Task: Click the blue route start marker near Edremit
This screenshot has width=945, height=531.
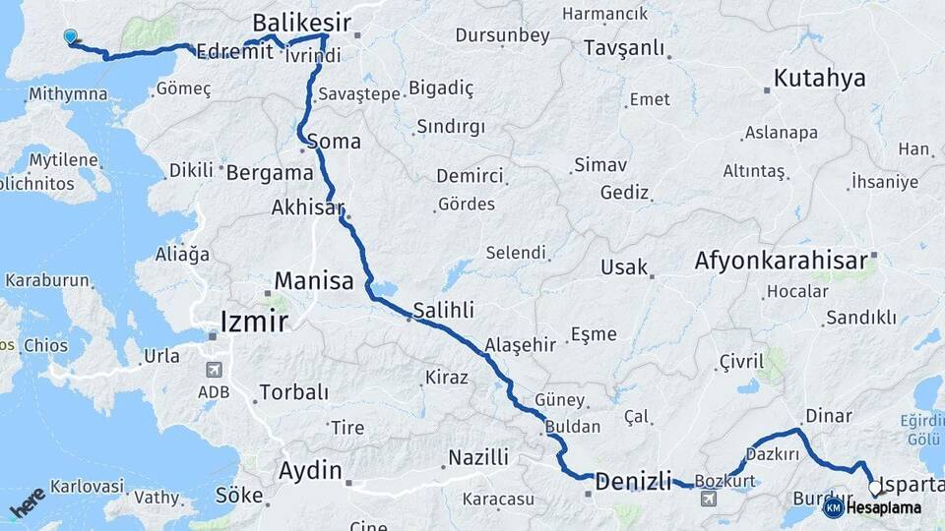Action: click(70, 37)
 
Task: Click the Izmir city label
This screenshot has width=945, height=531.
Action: click(254, 323)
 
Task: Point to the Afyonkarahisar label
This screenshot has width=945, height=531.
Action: click(782, 261)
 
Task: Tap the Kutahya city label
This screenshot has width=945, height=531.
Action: click(819, 79)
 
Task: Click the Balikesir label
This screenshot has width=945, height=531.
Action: click(302, 22)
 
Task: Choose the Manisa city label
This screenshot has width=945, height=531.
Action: click(313, 281)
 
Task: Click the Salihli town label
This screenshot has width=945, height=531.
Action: click(443, 310)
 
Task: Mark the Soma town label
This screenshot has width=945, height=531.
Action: click(334, 142)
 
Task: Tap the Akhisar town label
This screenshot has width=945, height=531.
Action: click(308, 207)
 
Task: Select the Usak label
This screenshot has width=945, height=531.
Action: click(624, 267)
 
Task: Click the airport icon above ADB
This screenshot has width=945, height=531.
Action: click(214, 371)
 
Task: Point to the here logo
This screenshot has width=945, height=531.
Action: click(28, 501)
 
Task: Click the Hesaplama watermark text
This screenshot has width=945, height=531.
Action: click(884, 508)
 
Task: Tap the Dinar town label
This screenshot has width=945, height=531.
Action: click(828, 416)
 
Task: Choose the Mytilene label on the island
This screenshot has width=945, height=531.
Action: click(64, 160)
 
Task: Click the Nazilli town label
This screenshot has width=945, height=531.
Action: click(478, 457)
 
